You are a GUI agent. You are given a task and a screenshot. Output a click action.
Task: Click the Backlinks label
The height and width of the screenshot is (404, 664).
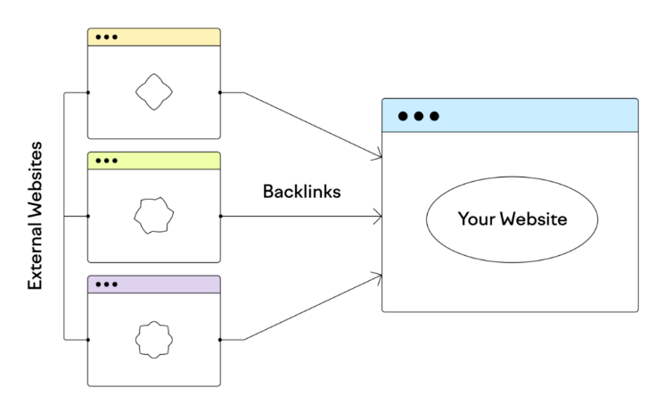pyautogui.click(x=301, y=192)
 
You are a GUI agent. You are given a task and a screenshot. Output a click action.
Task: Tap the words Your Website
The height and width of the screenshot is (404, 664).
pyautogui.click(x=512, y=218)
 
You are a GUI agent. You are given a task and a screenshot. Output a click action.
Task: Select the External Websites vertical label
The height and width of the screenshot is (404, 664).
pyautogui.click(x=35, y=216)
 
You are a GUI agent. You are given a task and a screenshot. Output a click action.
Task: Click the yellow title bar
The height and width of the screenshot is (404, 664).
pyautogui.click(x=154, y=37)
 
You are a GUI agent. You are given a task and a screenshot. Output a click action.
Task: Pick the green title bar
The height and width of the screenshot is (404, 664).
pyautogui.click(x=154, y=161)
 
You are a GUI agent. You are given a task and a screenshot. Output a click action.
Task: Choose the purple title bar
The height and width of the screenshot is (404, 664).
pyautogui.click(x=154, y=284)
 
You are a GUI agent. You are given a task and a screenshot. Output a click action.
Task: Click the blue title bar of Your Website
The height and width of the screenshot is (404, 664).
pyautogui.click(x=510, y=115)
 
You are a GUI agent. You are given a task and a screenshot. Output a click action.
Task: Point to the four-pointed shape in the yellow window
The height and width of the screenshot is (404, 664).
pyautogui.click(x=153, y=92)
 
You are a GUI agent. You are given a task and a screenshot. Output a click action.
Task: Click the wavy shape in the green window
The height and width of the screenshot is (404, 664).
pyautogui.click(x=153, y=215)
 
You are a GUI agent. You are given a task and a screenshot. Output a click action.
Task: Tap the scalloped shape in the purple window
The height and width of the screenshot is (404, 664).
pyautogui.click(x=153, y=340)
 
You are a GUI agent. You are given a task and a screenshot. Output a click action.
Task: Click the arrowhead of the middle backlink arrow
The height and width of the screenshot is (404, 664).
pyautogui.click(x=377, y=216)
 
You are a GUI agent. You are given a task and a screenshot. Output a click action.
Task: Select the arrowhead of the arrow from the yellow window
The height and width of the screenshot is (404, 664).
pyautogui.click(x=376, y=154)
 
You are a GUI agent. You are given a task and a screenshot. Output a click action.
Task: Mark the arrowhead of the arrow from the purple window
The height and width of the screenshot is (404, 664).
pyautogui.click(x=376, y=277)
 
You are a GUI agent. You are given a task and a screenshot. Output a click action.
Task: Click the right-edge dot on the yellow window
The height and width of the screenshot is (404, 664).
pyautogui.click(x=220, y=93)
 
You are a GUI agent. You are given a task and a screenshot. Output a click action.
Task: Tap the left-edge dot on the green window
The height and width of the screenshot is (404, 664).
pyautogui.click(x=88, y=216)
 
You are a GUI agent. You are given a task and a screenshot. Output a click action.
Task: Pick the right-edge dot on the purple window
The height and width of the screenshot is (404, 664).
pyautogui.click(x=220, y=340)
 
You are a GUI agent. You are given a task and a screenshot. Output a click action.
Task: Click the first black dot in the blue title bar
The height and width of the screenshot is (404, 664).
pyautogui.click(x=403, y=116)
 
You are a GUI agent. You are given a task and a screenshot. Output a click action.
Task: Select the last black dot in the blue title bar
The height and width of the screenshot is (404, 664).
pyautogui.click(x=434, y=116)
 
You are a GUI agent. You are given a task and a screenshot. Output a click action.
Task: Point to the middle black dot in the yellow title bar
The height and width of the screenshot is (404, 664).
pyautogui.click(x=106, y=37)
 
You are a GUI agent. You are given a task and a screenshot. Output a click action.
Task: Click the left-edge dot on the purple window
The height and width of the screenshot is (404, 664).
pyautogui.click(x=88, y=340)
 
